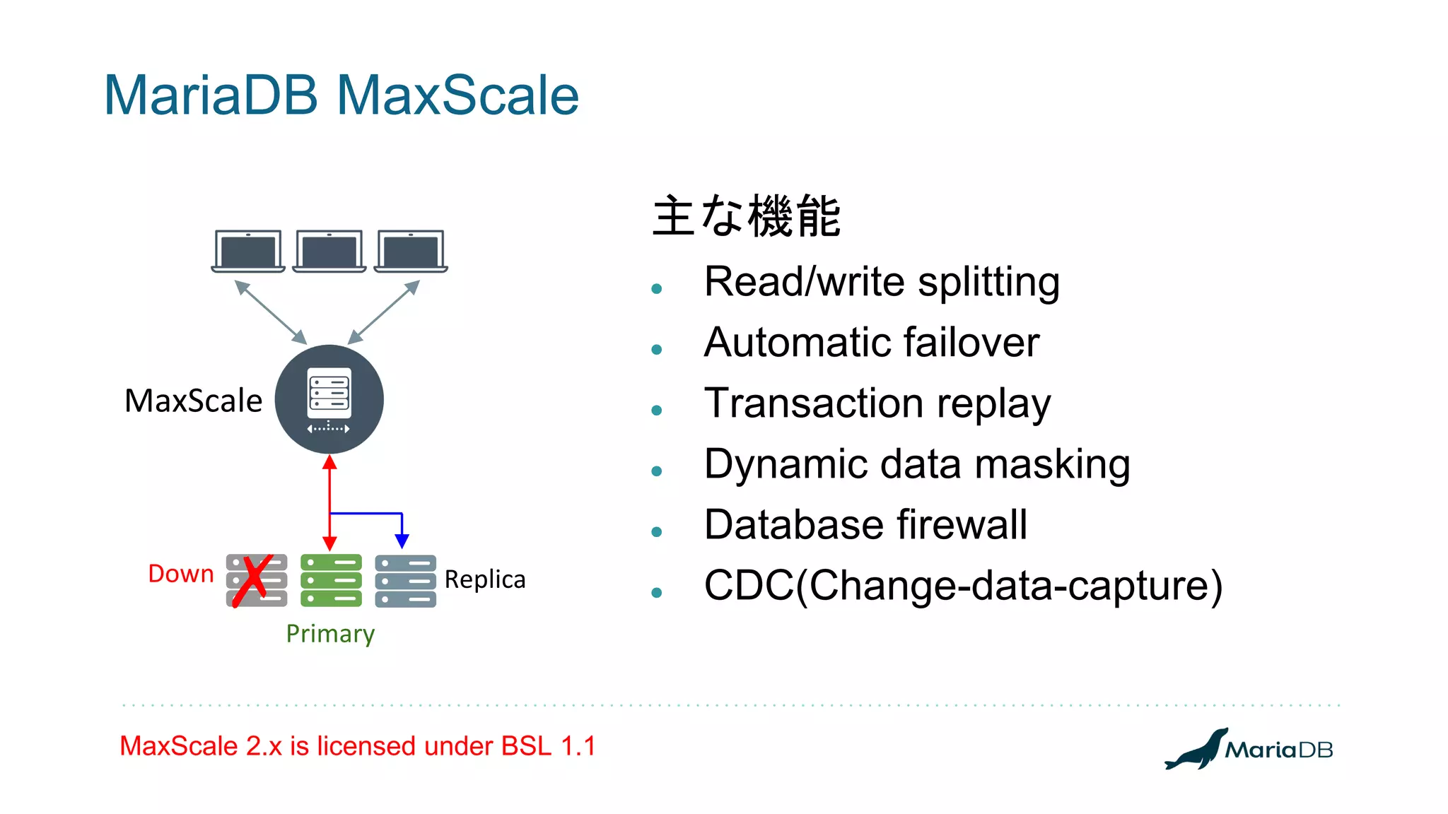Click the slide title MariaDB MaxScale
341,95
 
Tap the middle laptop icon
329,251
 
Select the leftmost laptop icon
248,251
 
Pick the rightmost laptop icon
411,251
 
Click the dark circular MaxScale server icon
329,399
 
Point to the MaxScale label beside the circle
193,401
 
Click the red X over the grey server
253,581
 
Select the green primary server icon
331,580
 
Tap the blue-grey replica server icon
405,581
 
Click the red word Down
181,574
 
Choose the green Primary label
330,634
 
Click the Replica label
485,579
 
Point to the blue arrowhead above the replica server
402,541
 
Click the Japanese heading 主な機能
746,216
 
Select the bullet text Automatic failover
872,343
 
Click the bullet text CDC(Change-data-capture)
963,586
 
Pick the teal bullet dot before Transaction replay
657,410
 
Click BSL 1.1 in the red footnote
549,746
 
